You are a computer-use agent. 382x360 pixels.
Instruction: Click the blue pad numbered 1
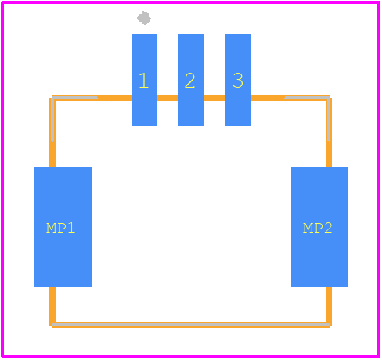point(144,80)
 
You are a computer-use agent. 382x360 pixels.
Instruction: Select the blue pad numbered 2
point(191,80)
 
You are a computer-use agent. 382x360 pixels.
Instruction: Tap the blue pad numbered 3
point(238,80)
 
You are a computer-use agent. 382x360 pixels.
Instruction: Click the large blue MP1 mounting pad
point(63,227)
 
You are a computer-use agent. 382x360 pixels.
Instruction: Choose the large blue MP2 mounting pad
point(319,227)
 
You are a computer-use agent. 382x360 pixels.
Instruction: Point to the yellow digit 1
point(144,81)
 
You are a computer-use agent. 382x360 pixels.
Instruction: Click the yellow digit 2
point(189,81)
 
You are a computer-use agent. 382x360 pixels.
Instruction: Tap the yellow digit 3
point(238,81)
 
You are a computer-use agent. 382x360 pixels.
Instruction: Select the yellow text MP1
point(60,229)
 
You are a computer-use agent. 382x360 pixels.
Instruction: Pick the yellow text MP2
point(318,229)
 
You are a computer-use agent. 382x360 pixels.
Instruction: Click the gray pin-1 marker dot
point(144,18)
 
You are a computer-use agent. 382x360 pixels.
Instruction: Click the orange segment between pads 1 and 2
point(168,98)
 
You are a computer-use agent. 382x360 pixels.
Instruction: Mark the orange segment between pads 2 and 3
point(214,98)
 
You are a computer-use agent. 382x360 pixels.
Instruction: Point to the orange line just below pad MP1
point(52,306)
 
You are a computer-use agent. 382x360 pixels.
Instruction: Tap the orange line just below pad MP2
point(329,306)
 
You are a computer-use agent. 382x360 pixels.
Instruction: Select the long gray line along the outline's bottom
point(191,325)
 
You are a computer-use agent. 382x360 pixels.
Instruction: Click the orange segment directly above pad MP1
point(52,154)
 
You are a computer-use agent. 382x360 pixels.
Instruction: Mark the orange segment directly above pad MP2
point(329,154)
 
